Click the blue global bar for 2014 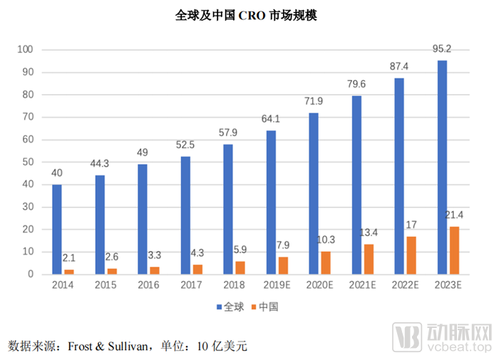pos(57,230)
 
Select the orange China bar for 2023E pos(454,250)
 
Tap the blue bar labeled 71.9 pos(314,193)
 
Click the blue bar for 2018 pos(228,210)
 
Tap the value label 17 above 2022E pos(411,225)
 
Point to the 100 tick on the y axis pos(26,50)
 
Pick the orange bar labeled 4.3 pos(197,269)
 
